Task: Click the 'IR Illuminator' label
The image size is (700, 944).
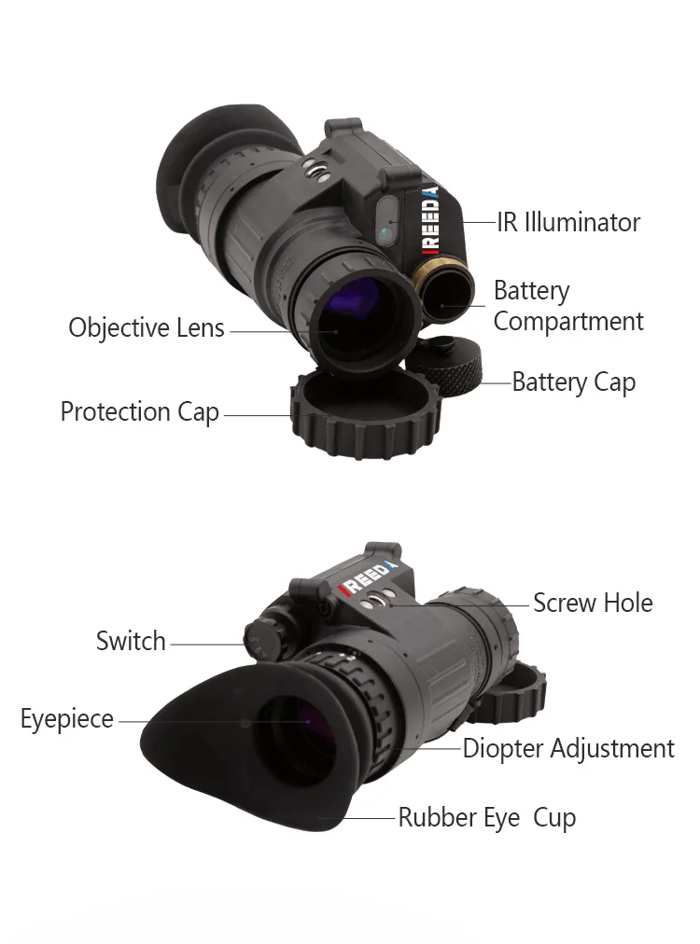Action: [x=568, y=222]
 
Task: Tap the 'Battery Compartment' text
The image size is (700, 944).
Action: [x=568, y=306]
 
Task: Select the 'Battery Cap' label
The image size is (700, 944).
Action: [x=574, y=382]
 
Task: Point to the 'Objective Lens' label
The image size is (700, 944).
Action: [x=147, y=328]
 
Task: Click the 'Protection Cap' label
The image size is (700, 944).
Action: [x=140, y=411]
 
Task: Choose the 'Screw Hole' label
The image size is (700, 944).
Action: [x=593, y=603]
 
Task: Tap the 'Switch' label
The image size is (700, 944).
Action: [x=131, y=641]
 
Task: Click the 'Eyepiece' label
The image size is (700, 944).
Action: [x=67, y=719]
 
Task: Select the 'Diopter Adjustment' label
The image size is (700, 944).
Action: [x=568, y=748]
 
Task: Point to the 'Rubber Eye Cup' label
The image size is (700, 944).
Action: [x=487, y=818]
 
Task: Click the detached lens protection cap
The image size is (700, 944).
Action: [x=366, y=416]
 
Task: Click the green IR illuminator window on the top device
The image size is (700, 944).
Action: [x=387, y=227]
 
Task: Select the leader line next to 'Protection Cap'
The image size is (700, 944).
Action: [x=258, y=414]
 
